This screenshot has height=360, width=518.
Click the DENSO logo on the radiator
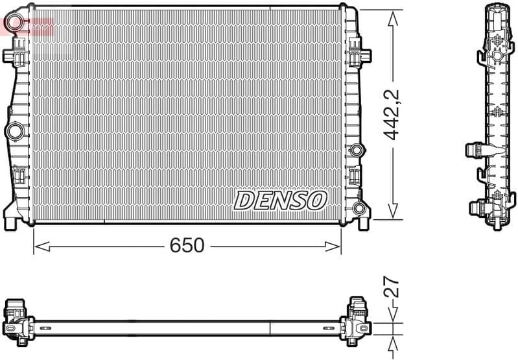(280, 200)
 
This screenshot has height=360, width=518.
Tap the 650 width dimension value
(187, 246)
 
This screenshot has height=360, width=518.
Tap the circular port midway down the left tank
(14, 131)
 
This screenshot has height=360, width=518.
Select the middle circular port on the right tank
(356, 151)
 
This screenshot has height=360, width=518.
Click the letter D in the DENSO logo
(245, 200)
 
